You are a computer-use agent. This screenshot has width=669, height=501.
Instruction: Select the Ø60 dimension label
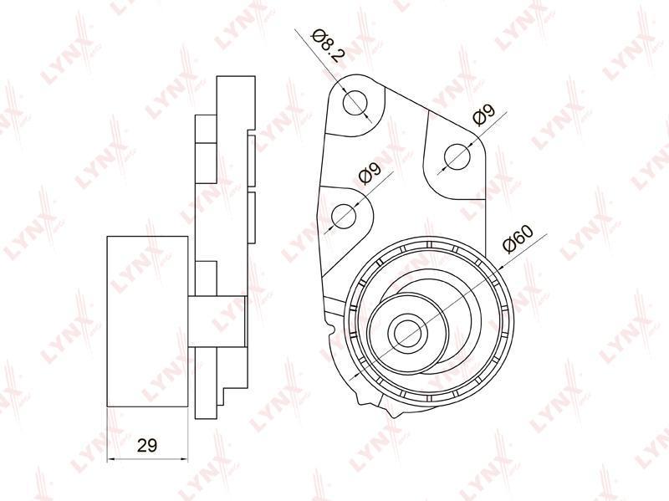(518, 238)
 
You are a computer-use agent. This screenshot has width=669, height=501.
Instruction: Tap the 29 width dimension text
(147, 446)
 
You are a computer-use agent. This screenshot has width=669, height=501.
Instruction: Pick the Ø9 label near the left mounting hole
(370, 173)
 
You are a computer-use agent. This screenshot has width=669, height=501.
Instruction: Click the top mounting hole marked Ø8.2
(355, 103)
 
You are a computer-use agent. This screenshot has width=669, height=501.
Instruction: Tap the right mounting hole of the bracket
(457, 156)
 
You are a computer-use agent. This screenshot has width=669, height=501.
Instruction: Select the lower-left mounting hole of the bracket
(344, 217)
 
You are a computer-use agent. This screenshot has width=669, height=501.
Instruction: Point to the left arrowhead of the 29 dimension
(110, 459)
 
